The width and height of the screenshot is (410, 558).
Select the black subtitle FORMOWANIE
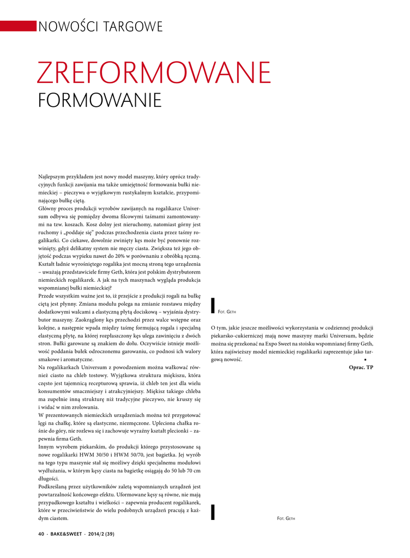click(100, 101)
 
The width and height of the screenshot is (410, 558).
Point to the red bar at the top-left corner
click(17, 26)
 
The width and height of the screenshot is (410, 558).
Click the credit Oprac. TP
click(361, 367)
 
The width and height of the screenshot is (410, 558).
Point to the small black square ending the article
click(365, 360)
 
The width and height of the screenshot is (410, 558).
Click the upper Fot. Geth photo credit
click(227, 312)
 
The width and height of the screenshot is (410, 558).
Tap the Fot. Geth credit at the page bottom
click(286, 518)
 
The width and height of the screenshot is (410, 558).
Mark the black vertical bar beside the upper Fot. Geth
click(213, 307)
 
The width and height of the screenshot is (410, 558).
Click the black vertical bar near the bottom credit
click(213, 512)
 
